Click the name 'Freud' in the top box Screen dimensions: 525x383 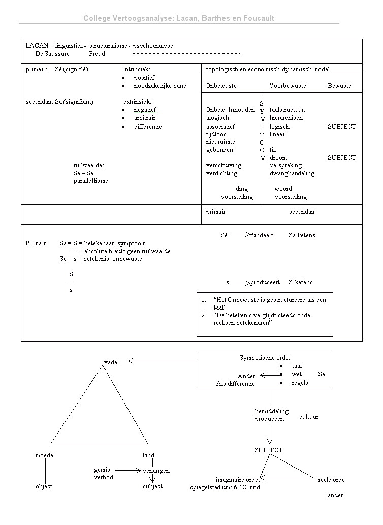[x=97, y=53]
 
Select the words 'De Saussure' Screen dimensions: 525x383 [x=52, y=53]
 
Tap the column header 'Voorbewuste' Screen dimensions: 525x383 [x=288, y=86]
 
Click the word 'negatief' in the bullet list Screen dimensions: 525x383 [x=145, y=110]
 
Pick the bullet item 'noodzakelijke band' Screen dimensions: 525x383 [x=160, y=86]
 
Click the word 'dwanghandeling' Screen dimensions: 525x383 [x=292, y=173]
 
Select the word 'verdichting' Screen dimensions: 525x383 [x=221, y=173]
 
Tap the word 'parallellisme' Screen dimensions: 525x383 [x=91, y=181]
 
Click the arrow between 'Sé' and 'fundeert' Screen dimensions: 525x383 [x=239, y=235]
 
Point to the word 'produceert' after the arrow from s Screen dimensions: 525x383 [x=265, y=282]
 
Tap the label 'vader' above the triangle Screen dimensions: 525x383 [x=112, y=362]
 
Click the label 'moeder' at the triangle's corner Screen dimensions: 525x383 [x=45, y=455]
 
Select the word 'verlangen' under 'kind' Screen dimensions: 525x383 [x=156, y=471]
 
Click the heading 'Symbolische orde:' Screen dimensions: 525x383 [x=265, y=358]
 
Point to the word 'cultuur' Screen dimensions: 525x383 [x=309, y=417]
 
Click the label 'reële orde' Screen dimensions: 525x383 [x=331, y=480]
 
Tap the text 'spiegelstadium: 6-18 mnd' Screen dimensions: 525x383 [x=225, y=487]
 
